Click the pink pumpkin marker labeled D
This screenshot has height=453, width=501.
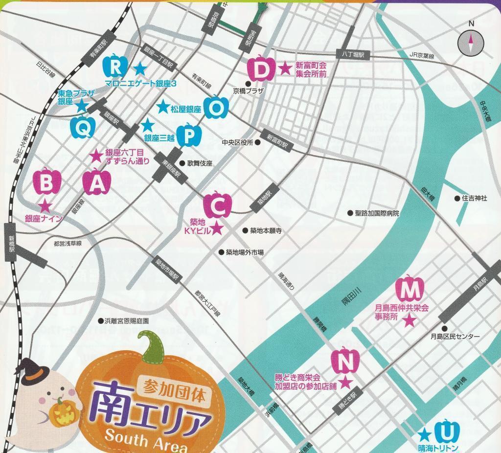click(263, 69)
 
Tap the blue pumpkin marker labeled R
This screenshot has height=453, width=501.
click(115, 65)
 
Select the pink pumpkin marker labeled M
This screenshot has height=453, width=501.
click(409, 289)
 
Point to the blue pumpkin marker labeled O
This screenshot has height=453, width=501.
click(216, 107)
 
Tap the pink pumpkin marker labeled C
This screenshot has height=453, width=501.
click(217, 205)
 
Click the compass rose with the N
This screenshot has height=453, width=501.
click(471, 43)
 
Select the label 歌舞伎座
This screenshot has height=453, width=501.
click(199, 163)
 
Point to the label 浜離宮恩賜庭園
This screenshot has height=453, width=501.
click(126, 321)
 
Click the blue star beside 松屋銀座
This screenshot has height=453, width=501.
click(163, 106)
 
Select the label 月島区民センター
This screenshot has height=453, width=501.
click(455, 337)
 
